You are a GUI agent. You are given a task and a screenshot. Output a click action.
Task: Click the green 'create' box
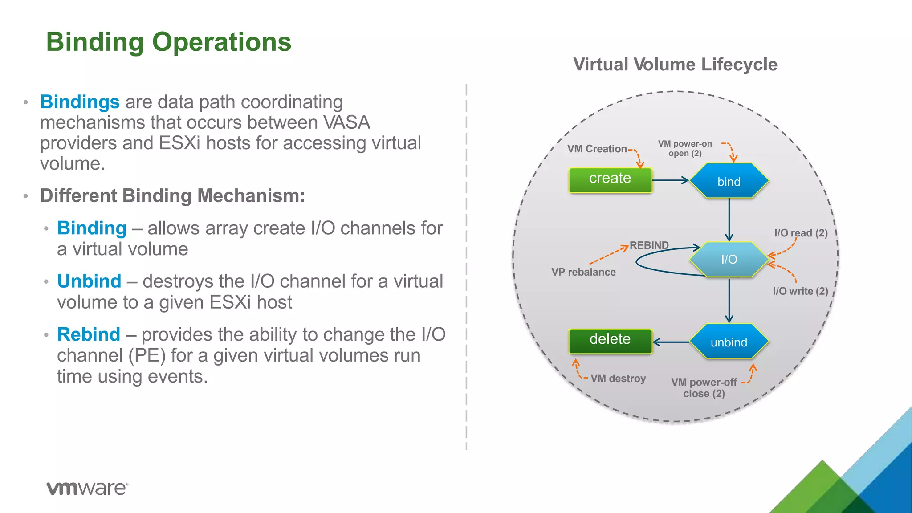tap(610, 180)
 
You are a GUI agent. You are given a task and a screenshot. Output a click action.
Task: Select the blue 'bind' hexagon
tap(729, 181)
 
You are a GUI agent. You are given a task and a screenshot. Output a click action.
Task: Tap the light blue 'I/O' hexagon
tap(729, 259)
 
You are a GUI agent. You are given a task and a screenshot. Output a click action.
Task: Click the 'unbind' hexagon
tap(729, 342)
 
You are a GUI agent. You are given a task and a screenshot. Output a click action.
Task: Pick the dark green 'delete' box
tap(610, 341)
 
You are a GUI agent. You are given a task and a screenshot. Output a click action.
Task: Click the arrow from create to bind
tap(670, 180)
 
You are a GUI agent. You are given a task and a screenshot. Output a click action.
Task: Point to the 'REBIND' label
tap(649, 245)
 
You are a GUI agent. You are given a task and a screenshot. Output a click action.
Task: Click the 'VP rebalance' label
tap(583, 272)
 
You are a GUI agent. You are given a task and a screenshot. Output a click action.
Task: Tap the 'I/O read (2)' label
tap(801, 233)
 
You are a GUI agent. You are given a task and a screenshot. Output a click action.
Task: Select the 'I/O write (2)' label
tap(800, 291)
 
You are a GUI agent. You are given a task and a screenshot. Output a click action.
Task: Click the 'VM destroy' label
tap(618, 379)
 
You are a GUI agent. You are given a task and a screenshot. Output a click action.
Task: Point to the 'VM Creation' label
tap(597, 149)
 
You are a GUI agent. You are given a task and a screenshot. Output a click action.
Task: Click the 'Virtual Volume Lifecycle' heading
tap(675, 65)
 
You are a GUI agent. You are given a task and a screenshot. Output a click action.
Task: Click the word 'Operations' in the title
tap(221, 42)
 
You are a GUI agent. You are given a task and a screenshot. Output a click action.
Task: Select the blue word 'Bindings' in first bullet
tap(80, 102)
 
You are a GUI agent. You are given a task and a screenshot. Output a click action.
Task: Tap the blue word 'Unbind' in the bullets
tap(89, 281)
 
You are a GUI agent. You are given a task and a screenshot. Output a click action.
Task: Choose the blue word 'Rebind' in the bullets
tap(89, 334)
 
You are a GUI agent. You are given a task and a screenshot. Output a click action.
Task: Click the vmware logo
tap(87, 488)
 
